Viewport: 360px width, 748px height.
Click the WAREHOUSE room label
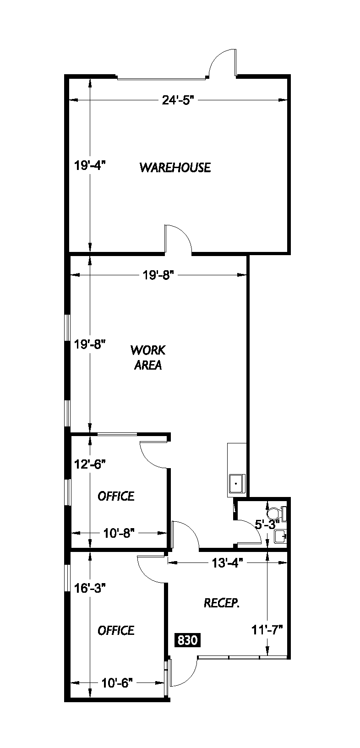(175, 167)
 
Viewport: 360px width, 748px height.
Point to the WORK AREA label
(147, 358)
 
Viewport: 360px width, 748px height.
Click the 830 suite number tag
(187, 640)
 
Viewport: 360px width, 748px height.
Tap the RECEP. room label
(222, 603)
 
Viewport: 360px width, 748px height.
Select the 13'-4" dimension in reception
(224, 562)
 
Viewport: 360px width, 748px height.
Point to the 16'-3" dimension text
(90, 588)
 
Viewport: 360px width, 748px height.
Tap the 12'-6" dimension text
(90, 464)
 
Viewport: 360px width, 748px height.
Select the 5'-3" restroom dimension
(267, 525)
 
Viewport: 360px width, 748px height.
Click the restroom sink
(280, 536)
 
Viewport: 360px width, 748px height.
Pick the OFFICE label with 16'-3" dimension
(116, 630)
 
